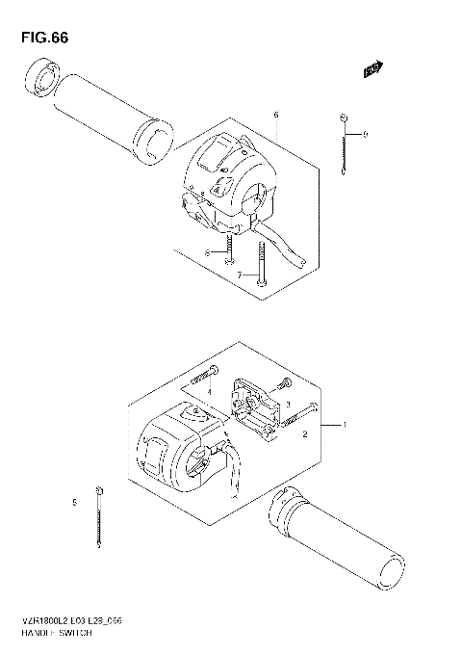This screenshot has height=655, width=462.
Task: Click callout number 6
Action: [x=276, y=115]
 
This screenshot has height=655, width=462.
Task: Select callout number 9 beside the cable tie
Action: [x=365, y=135]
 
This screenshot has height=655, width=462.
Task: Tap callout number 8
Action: [x=205, y=252]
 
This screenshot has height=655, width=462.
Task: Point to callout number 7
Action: [x=240, y=275]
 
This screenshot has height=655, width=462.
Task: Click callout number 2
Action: [x=304, y=435]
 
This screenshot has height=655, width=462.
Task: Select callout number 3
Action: [x=287, y=405]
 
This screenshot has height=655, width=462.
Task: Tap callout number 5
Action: [x=73, y=502]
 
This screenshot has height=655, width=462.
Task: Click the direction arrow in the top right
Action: [x=372, y=68]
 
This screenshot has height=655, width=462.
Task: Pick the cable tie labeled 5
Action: [x=99, y=519]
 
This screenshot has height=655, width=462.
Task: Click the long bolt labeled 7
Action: [x=261, y=262]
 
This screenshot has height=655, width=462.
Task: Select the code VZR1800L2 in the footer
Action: [x=38, y=623]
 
